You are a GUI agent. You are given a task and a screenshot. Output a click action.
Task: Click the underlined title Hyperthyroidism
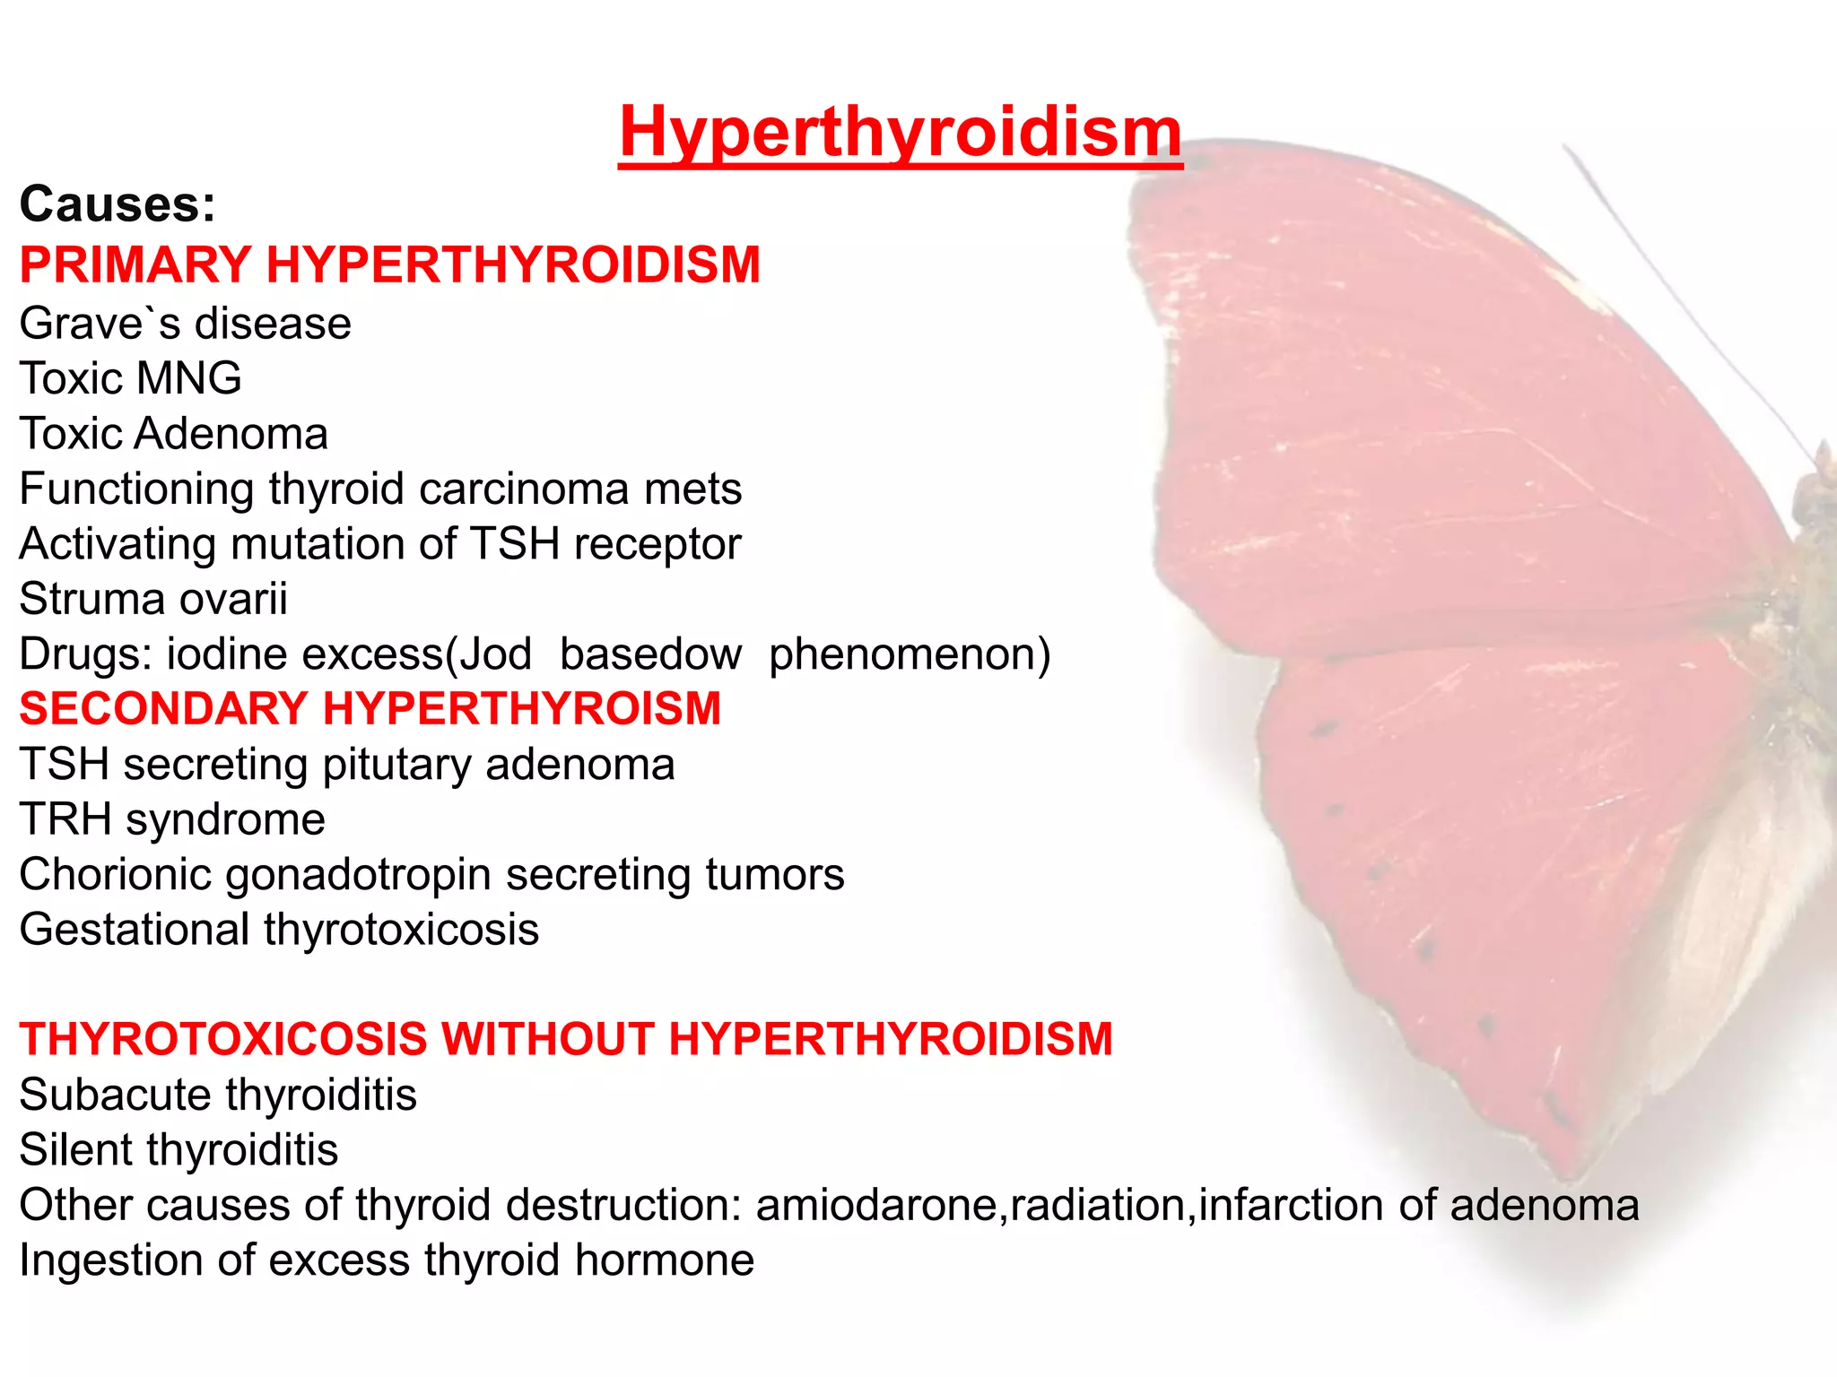900,133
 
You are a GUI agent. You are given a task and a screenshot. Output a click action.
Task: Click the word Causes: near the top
118,204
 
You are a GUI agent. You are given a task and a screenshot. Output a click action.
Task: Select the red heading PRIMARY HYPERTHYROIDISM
389,265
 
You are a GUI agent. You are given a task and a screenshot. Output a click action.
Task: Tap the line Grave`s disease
185,324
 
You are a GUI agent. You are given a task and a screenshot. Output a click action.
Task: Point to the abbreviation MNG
189,378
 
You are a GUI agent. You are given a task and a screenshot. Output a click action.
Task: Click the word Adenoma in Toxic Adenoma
231,434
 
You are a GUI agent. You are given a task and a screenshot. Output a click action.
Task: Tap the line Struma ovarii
153,599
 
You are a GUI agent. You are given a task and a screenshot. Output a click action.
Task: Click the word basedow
650,654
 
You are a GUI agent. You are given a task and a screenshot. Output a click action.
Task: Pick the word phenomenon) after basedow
909,654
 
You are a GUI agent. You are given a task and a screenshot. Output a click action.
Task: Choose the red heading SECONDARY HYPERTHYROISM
370,709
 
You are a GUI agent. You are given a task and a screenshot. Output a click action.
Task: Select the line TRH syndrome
172,820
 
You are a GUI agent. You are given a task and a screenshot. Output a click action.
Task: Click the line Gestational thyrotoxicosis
279,930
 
